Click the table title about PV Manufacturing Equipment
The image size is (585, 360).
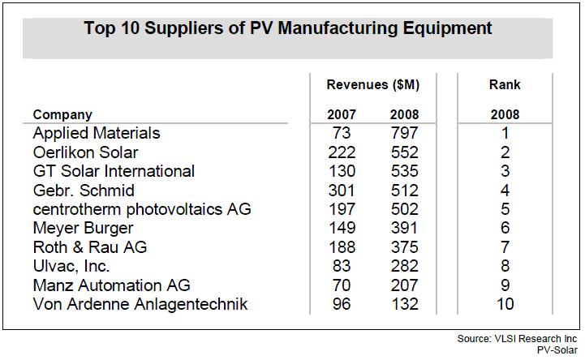coord(288,29)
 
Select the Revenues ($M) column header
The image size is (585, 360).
coord(372,84)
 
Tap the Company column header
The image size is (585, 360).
coord(62,114)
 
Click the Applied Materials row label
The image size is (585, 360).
coord(97,132)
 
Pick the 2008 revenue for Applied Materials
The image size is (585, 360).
coord(404,132)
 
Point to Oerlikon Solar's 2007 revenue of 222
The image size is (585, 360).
coord(342,152)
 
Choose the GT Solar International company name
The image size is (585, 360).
coord(114,171)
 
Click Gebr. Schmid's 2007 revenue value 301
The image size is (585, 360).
coord(342,190)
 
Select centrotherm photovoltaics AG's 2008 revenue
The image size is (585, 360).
coord(404,209)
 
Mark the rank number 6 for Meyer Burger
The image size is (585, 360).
coord(505,229)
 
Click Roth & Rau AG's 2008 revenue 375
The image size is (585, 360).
coord(404,247)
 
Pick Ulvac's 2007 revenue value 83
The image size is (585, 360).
coord(342,267)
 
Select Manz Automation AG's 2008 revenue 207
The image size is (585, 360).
coord(404,285)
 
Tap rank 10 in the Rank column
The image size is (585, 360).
coord(505,305)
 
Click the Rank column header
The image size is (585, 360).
coord(505,84)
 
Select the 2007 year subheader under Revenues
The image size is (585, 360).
coord(342,114)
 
